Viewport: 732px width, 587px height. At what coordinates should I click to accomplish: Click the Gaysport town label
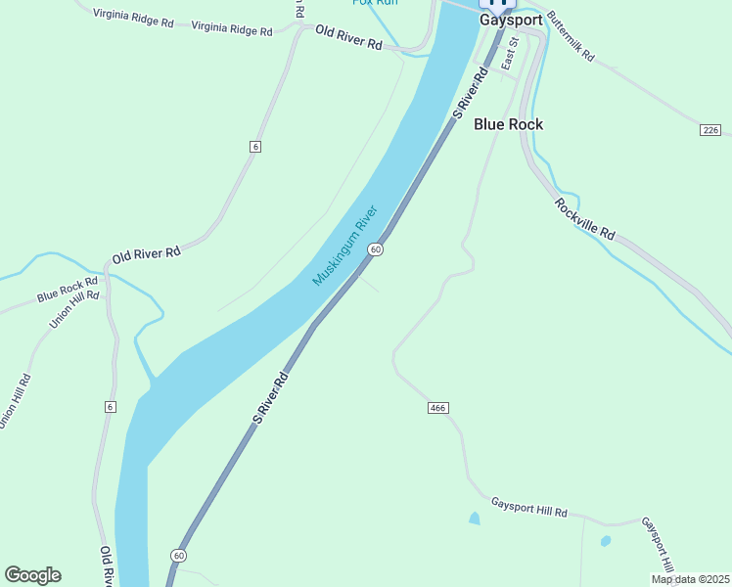pyautogui.click(x=510, y=19)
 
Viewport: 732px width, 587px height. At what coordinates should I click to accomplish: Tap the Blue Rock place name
pyautogui.click(x=508, y=124)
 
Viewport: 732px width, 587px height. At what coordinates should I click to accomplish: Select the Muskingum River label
pyautogui.click(x=344, y=246)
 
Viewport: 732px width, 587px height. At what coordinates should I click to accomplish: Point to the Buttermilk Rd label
pyautogui.click(x=572, y=37)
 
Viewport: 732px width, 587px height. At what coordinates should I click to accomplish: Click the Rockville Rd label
pyautogui.click(x=584, y=220)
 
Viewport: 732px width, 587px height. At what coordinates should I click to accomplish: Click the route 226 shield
pyautogui.click(x=710, y=130)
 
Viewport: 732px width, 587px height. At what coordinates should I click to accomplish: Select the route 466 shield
pyautogui.click(x=437, y=407)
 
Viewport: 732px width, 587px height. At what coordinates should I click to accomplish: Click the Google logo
pyautogui.click(x=32, y=575)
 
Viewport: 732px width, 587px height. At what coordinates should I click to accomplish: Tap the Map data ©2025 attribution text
pyautogui.click(x=690, y=579)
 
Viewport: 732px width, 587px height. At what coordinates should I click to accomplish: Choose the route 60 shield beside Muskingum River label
pyautogui.click(x=375, y=250)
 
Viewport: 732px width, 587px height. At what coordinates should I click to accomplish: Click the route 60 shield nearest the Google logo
pyautogui.click(x=177, y=555)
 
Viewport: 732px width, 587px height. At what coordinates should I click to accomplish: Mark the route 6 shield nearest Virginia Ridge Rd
pyautogui.click(x=255, y=146)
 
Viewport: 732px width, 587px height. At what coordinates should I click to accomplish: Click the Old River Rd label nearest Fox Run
pyautogui.click(x=348, y=38)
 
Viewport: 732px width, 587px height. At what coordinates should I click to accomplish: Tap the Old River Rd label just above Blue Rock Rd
pyautogui.click(x=147, y=253)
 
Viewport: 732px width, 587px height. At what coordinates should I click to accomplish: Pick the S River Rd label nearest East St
pyautogui.click(x=471, y=95)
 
